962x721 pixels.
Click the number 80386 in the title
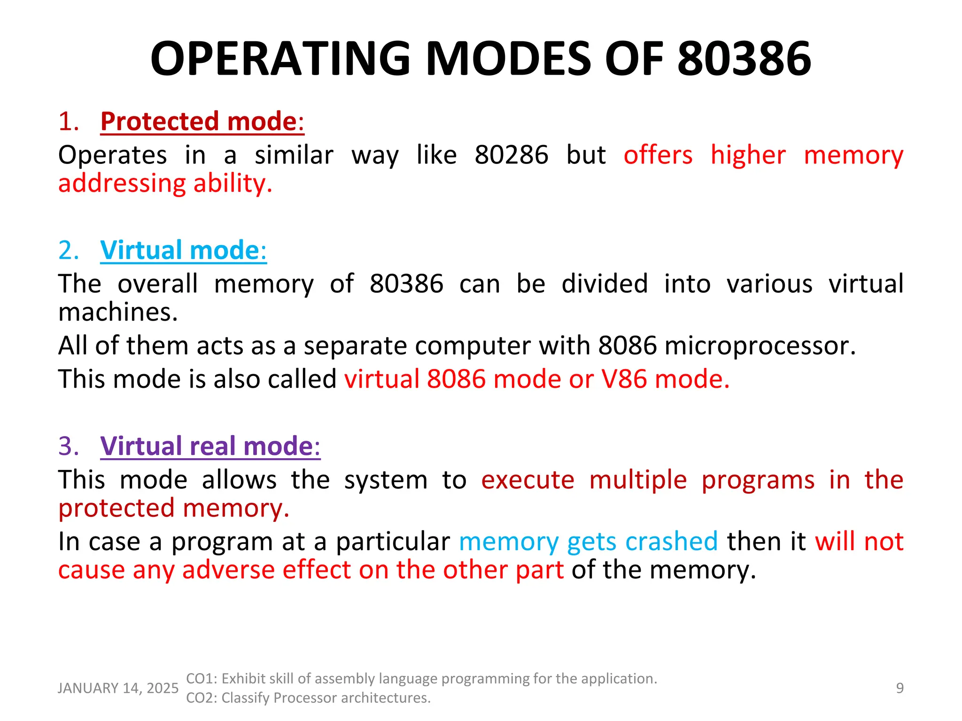point(744,59)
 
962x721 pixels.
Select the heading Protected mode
point(202,122)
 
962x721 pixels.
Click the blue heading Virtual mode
point(183,250)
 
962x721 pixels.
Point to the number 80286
point(511,155)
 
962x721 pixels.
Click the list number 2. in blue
point(69,250)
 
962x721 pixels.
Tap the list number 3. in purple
point(69,446)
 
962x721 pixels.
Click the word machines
point(118,313)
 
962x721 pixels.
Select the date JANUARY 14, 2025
point(118,688)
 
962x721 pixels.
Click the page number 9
point(900,688)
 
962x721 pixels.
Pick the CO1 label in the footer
point(201,679)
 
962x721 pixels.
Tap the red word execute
point(528,480)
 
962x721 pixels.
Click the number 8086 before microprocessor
point(627,346)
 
